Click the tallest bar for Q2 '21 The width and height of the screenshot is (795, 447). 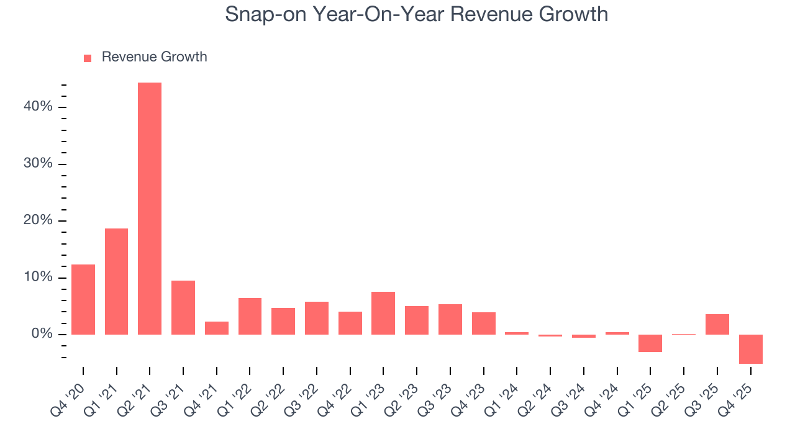(150, 209)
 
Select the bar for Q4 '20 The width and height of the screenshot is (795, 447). (83, 299)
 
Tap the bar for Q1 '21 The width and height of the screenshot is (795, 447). (116, 281)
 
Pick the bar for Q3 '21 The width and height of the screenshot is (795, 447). (183, 307)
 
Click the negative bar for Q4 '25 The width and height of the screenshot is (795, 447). (751, 349)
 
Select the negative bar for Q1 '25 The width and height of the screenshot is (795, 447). (650, 343)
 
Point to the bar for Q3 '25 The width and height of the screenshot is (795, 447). (717, 324)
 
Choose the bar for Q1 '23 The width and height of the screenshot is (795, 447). (383, 313)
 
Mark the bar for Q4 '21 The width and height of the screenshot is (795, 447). (217, 328)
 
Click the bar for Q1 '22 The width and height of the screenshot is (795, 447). (250, 316)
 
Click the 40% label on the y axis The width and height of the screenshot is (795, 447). (38, 107)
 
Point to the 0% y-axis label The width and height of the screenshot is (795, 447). (42, 334)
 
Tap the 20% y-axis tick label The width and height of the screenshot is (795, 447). (38, 220)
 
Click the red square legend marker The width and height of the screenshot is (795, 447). (88, 58)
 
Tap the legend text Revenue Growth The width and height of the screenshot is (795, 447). (154, 57)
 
